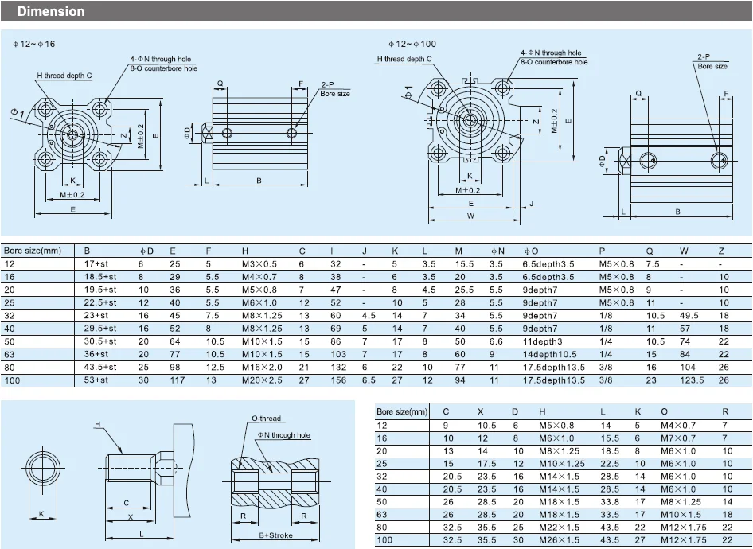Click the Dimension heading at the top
(x=51, y=12)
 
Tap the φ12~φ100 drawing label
(x=412, y=44)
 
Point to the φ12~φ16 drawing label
(x=33, y=44)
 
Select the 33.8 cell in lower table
(x=610, y=502)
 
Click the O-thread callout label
(x=266, y=418)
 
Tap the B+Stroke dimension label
(x=275, y=535)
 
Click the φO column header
(x=531, y=251)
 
